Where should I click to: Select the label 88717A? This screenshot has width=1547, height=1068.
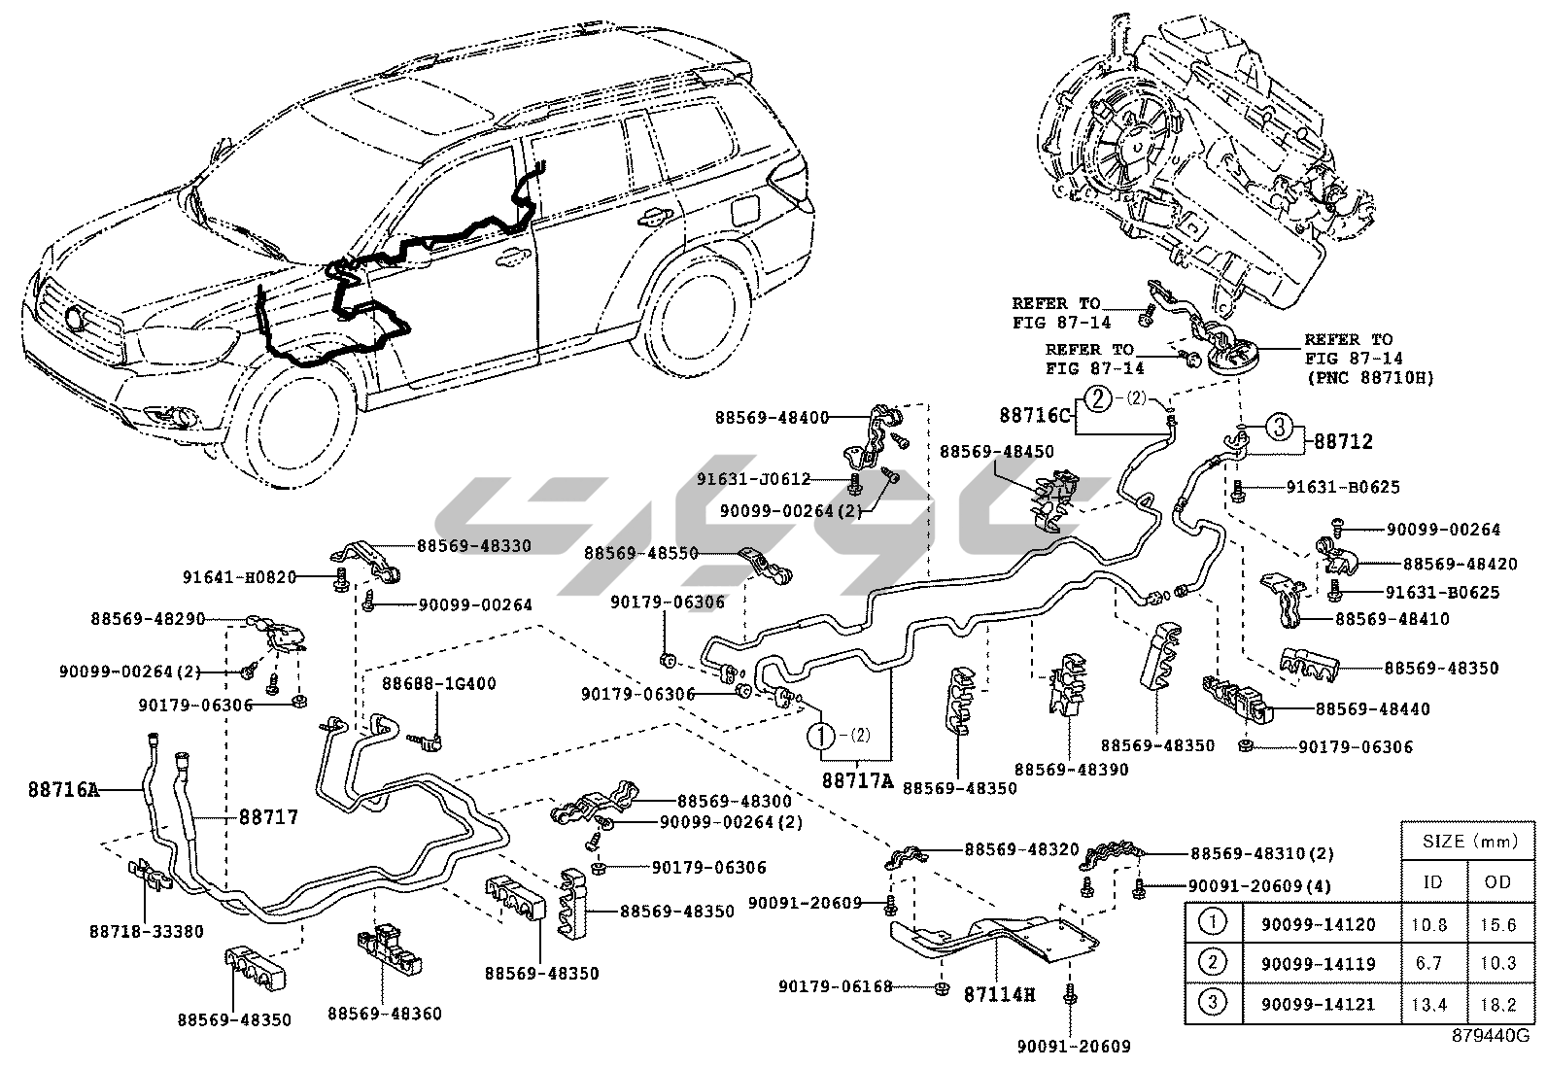tap(856, 778)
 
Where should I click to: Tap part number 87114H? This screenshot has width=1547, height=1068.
tap(999, 994)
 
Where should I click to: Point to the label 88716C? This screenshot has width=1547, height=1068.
tap(1034, 415)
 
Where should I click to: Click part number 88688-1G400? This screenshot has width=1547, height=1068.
tap(437, 683)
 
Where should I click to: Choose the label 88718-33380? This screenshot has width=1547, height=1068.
tap(147, 930)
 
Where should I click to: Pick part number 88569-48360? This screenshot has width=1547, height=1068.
tap(384, 1014)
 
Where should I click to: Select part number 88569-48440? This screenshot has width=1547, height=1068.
tap(1372, 709)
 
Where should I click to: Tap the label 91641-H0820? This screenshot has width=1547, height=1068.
tap(239, 576)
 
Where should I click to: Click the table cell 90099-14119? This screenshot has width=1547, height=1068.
tap(1318, 963)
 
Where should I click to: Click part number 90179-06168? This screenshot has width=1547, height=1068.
tap(835, 986)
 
